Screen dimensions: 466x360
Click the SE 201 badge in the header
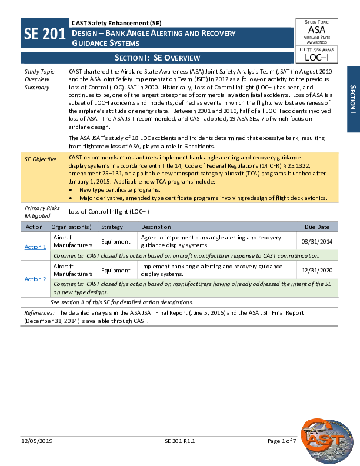coord(45,35)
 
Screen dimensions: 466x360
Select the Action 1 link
coord(35,247)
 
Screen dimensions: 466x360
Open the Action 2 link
coord(35,279)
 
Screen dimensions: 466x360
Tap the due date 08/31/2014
coord(317,241)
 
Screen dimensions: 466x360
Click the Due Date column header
coord(317,227)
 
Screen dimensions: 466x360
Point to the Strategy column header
coord(112,227)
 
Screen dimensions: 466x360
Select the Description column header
coord(156,227)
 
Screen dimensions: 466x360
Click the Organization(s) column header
coord(71,227)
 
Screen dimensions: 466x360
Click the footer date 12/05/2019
coord(37,441)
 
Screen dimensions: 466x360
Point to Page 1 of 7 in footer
coord(281,441)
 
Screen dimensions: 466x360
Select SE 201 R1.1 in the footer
coord(180,441)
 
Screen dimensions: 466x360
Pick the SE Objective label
coord(41,159)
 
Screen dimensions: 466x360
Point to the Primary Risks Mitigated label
coord(39,212)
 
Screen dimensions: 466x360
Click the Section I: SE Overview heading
coord(157,58)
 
